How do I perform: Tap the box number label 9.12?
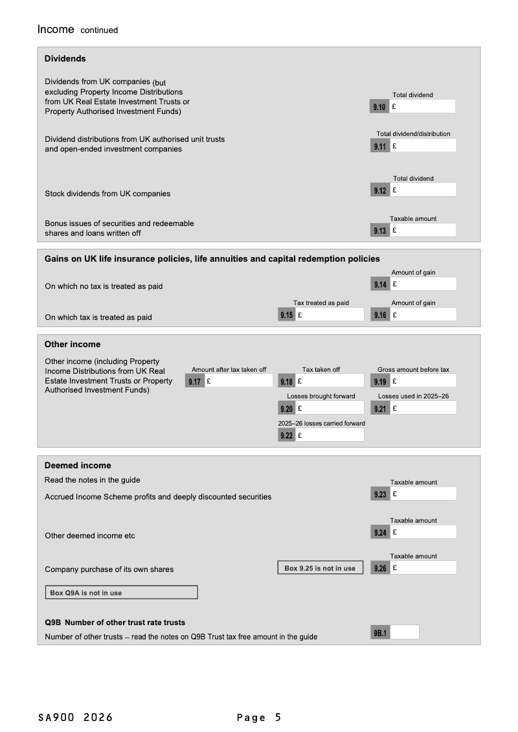coord(380,190)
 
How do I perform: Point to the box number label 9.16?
coord(380,315)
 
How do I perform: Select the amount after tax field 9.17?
coord(238,382)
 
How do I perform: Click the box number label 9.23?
coord(380,494)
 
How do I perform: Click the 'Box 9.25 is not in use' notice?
coord(320,568)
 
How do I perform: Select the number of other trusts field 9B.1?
coord(404,632)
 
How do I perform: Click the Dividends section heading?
coord(65,59)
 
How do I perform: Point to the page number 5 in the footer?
coord(278,717)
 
